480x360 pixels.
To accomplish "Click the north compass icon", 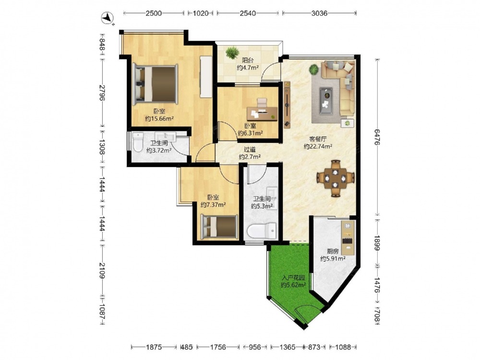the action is [x=107, y=18].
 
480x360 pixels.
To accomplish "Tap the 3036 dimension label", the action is [x=319, y=13].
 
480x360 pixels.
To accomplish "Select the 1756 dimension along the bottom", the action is [x=218, y=347].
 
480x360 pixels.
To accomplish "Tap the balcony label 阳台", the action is [x=248, y=60].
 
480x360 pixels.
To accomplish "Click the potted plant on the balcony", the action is [x=232, y=52].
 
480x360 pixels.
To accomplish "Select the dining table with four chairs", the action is [x=336, y=178].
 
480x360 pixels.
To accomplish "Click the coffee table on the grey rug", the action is [x=326, y=97].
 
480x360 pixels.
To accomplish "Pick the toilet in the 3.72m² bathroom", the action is [x=138, y=142].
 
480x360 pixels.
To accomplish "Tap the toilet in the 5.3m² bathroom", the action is [x=262, y=230].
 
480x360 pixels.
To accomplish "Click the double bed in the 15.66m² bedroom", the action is [x=155, y=84].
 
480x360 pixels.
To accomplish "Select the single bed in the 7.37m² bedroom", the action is [x=219, y=227].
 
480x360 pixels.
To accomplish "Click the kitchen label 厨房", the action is [x=333, y=252].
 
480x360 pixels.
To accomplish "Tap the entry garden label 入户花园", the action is [x=294, y=278].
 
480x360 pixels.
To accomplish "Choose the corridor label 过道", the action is [x=250, y=150].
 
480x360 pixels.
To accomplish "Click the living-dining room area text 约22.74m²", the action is [x=318, y=146].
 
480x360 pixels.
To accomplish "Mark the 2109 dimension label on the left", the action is [x=102, y=271].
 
